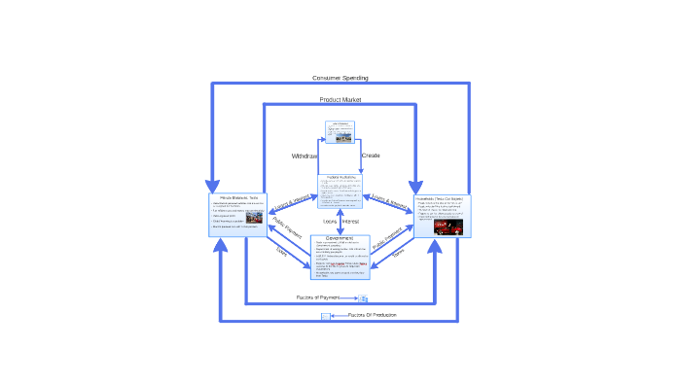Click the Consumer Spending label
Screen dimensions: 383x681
[340, 78]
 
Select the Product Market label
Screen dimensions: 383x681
[340, 100]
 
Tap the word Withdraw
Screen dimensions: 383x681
[305, 156]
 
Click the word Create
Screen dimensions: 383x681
[371, 156]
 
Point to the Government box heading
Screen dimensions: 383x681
[340, 238]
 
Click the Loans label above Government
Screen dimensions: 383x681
[330, 222]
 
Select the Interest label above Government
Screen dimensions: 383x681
[350, 222]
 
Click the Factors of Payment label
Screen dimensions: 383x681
[318, 297]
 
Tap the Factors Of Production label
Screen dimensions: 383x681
[372, 315]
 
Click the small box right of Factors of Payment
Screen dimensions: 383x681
[363, 298]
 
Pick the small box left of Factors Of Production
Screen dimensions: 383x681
[326, 316]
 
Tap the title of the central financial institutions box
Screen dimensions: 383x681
[340, 177]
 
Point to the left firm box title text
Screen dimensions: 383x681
[238, 197]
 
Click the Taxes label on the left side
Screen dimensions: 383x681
[281, 253]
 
